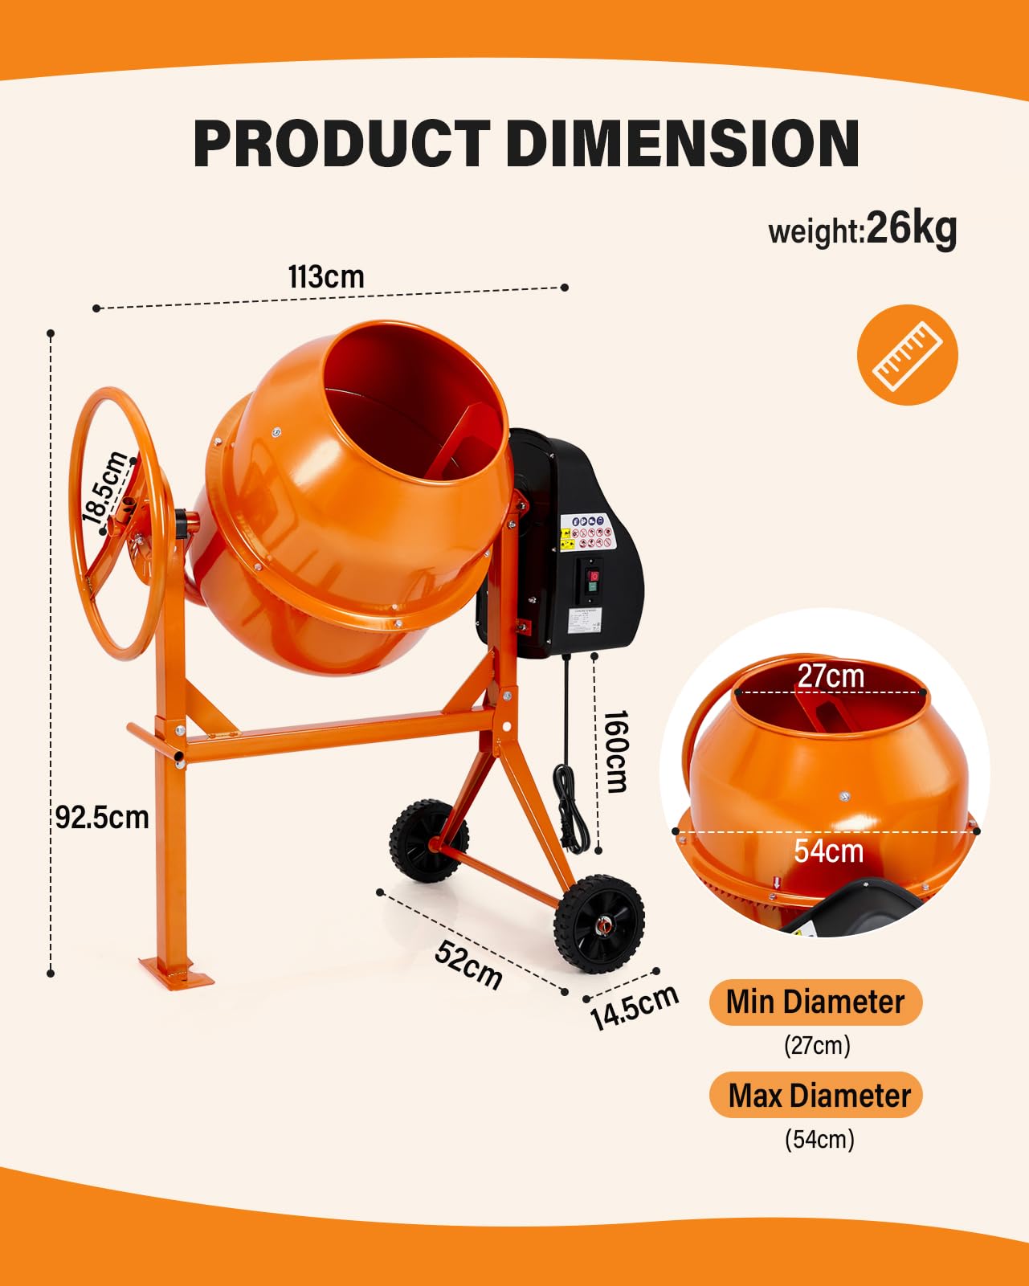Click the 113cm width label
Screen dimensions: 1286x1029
326,277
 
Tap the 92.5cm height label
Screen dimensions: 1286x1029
102,818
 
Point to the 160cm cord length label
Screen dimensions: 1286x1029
615,751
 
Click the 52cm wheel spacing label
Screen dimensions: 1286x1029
469,964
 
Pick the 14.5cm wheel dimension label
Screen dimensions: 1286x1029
634,1007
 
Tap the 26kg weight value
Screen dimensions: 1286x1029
912,227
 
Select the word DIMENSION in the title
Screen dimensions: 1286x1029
683,144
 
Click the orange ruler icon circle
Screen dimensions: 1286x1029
907,354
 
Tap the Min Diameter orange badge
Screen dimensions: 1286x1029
815,1002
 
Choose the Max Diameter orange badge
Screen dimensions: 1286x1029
816,1096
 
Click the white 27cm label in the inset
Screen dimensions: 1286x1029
831,676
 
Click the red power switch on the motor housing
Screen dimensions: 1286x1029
594,575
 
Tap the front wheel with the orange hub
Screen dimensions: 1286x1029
599,924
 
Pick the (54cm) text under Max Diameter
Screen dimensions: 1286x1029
819,1140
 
